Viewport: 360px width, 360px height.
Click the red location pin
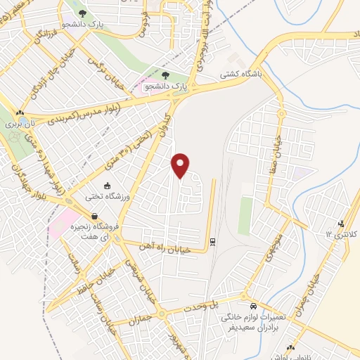pos(181,165)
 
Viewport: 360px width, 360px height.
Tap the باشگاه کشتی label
pos(240,73)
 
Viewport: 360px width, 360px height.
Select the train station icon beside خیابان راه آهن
pos(212,243)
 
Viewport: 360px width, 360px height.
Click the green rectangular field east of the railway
pos(245,215)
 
